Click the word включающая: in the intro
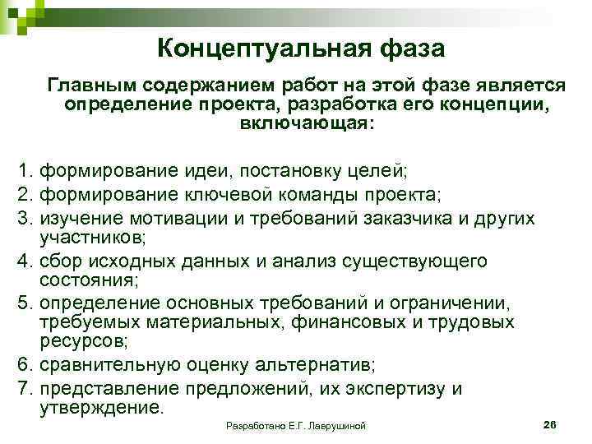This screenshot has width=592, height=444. (x=307, y=124)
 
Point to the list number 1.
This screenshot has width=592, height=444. (x=25, y=172)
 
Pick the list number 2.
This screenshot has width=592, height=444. (x=25, y=195)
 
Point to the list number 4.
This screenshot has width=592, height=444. (x=25, y=261)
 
